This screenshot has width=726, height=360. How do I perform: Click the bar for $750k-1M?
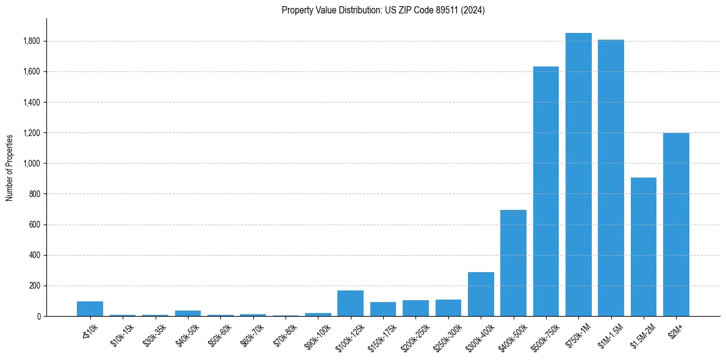pos(578,175)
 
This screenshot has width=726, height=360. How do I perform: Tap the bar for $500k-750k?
pos(545,192)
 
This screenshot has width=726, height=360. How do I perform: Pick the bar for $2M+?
pos(676,225)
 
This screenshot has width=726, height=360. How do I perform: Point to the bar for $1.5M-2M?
pos(643,247)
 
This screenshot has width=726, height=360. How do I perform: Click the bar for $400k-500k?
pos(513,263)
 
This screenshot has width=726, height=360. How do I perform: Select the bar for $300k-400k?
pos(481,294)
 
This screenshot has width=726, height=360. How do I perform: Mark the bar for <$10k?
pos(90,309)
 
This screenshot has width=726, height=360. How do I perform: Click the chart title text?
pos(383,10)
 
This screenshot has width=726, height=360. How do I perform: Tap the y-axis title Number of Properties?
pos(10,168)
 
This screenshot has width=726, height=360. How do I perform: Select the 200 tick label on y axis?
pos(35,286)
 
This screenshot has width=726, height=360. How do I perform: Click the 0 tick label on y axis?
pos(38,316)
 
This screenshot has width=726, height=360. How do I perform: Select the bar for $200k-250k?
pos(415,308)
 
